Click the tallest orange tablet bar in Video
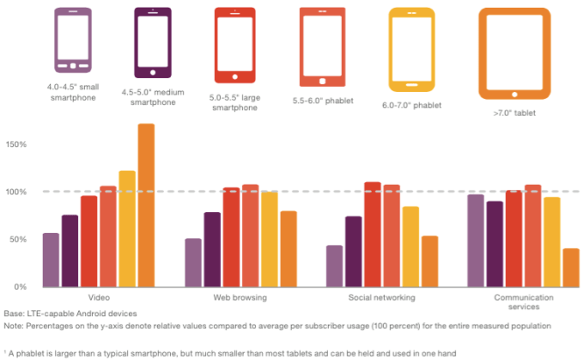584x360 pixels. pyautogui.click(x=146, y=205)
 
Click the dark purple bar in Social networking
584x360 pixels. pyautogui.click(x=353, y=251)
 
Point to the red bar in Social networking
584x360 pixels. pyautogui.click(x=372, y=234)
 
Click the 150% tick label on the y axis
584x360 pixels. pyautogui.click(x=17, y=144)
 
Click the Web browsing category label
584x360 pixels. pyautogui.click(x=240, y=297)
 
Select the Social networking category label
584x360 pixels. pyautogui.click(x=382, y=297)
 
